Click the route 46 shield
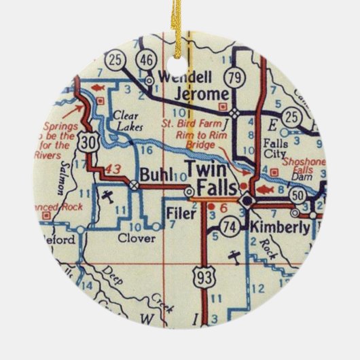(145, 60)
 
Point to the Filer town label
(180, 213)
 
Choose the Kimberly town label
(280, 227)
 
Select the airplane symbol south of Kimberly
(234, 257)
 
